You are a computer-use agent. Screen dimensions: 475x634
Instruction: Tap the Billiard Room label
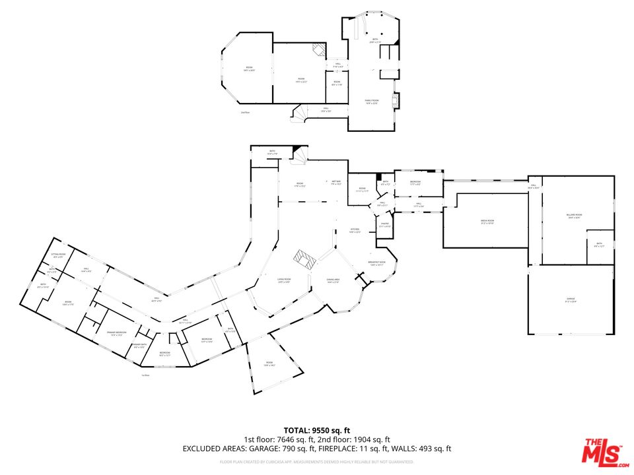574,216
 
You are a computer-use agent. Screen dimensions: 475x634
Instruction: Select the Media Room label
487,222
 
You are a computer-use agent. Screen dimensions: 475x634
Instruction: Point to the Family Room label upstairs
372,101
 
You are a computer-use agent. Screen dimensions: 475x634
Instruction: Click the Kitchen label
354,230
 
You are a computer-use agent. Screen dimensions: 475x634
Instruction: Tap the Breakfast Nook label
376,263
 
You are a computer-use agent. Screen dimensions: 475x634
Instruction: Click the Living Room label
284,280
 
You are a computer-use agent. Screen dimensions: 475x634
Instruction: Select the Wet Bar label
335,183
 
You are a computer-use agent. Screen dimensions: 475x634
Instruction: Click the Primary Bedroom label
116,333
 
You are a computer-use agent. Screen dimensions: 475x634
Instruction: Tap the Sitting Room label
57,255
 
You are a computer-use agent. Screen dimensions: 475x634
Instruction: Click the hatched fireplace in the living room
304,259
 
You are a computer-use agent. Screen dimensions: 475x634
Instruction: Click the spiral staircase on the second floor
300,114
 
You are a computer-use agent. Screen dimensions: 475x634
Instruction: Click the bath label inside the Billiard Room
599,245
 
